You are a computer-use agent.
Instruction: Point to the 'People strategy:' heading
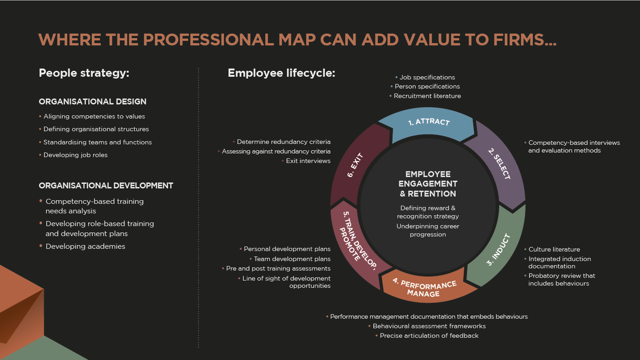(84, 73)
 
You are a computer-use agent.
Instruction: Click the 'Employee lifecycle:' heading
(282, 73)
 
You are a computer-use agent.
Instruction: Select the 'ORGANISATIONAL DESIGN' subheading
(93, 102)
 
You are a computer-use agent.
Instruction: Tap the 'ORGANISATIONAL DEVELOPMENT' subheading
(106, 186)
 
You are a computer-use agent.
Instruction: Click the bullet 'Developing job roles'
(75, 155)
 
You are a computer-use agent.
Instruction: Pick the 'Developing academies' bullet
(85, 247)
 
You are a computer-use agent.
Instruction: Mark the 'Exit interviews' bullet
(308, 161)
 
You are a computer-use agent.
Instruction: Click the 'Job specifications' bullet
(427, 77)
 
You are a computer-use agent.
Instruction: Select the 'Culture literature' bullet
(554, 250)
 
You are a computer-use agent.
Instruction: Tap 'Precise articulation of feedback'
(429, 336)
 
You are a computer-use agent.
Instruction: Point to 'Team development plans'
(292, 259)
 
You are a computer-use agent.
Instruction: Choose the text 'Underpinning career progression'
(428, 230)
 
